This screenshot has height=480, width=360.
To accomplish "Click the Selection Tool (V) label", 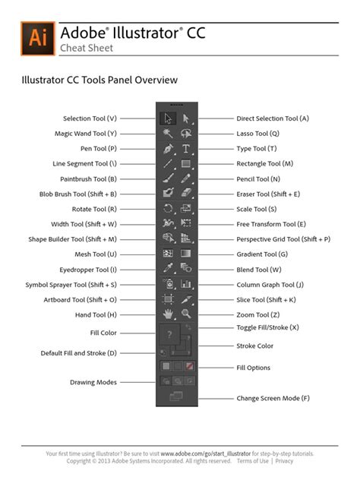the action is tap(90, 118).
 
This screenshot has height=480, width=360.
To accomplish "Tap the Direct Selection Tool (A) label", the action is tap(273, 118).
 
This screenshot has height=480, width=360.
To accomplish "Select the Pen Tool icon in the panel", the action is tap(169, 148).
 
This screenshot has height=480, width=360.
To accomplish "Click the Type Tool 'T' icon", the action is tap(185, 148).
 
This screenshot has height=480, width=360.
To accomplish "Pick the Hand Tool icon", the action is tap(169, 313).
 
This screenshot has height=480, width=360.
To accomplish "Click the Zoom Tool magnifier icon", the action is tap(185, 313).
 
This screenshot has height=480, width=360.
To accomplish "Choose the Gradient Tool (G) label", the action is tap(262, 254).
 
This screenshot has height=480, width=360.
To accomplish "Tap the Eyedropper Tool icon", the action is tap(169, 268).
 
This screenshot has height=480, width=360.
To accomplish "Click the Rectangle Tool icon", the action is tap(185, 163).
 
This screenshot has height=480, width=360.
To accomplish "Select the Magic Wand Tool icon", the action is tap(169, 133).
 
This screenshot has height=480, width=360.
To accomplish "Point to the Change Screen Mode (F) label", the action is tap(273, 397).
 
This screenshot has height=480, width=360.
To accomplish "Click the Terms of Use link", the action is tap(252, 461).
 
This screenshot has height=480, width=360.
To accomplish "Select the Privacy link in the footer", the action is tap(284, 461).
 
